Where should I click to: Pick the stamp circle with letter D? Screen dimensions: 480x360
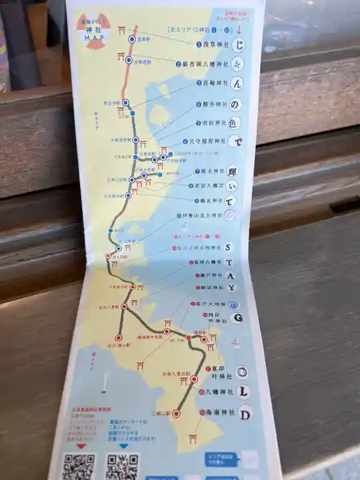click(245, 414)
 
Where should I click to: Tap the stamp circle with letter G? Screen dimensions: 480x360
click(237, 318)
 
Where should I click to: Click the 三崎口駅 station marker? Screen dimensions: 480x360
click(176, 413)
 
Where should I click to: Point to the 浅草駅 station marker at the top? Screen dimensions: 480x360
click(132, 40)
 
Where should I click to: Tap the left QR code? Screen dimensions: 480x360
click(78, 466)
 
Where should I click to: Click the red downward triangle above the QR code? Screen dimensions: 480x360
click(83, 445)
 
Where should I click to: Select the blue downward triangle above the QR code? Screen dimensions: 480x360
click(124, 445)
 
